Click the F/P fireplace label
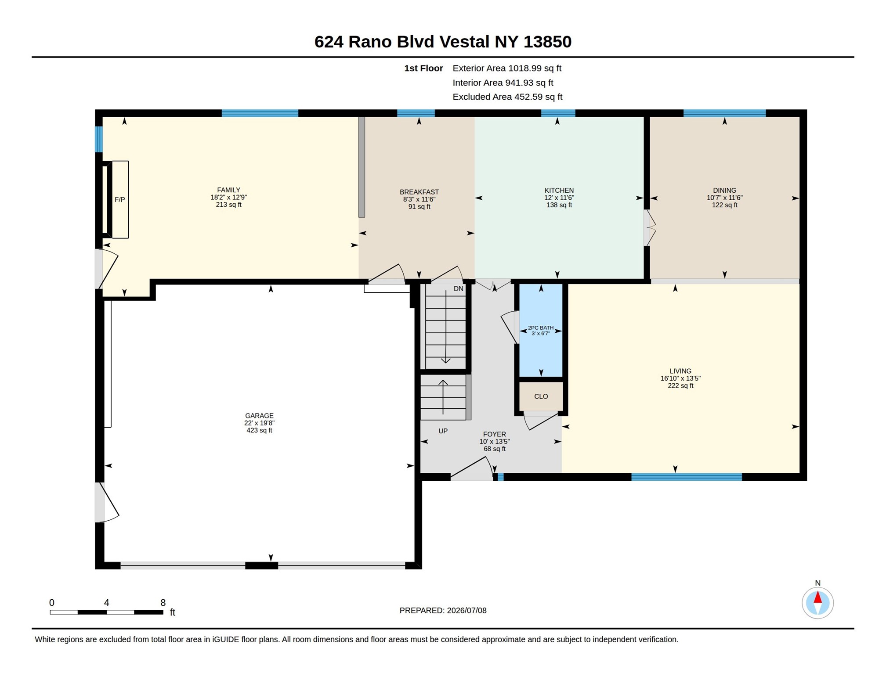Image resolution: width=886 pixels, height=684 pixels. [119, 200]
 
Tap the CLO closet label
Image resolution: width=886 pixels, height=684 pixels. [541, 396]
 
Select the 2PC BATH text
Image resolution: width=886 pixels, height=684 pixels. [541, 328]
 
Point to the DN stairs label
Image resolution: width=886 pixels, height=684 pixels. [458, 289]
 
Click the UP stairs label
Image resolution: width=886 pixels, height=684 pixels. [443, 431]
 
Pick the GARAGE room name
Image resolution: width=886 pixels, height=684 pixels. [259, 416]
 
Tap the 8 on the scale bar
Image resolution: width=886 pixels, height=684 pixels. [163, 602]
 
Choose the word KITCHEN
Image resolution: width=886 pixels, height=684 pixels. [559, 191]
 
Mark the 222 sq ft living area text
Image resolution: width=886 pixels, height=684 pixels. [680, 386]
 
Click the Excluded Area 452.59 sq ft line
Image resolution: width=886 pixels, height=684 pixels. [507, 97]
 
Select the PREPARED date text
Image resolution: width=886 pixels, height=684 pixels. [443, 610]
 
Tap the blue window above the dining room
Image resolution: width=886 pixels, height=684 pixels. [724, 113]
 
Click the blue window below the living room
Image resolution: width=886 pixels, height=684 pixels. [686, 477]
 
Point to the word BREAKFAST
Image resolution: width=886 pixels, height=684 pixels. [419, 192]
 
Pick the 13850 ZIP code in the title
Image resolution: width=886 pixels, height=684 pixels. [547, 42]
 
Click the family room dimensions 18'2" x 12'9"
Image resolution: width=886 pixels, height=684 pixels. [228, 198]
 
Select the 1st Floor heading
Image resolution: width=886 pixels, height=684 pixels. [423, 68]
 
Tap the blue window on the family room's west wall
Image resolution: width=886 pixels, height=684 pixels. [99, 139]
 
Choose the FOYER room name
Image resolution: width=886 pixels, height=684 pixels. [494, 434]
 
